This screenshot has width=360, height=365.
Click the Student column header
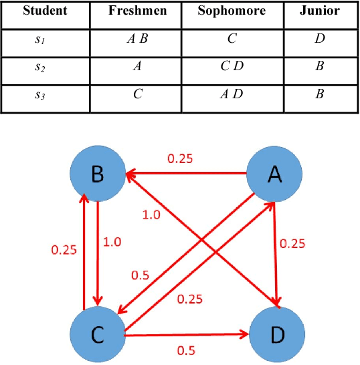pyautogui.click(x=44, y=11)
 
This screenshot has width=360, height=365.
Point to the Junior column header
pyautogui.click(x=319, y=11)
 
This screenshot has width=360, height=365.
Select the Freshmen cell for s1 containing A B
pyautogui.click(x=137, y=39)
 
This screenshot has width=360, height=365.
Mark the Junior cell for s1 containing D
pyautogui.click(x=320, y=39)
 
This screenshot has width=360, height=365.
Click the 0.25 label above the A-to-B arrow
pyautogui.click(x=179, y=159)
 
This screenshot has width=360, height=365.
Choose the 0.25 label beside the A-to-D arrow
pyautogui.click(x=293, y=244)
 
